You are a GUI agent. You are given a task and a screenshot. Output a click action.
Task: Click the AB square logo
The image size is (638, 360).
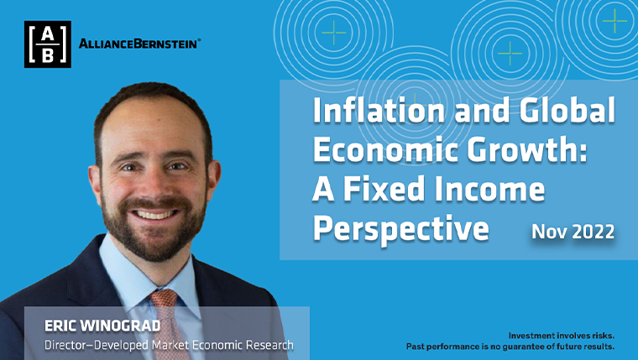click(x=48, y=44)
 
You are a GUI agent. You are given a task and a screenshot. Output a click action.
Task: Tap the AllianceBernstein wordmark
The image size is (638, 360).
click(x=139, y=44)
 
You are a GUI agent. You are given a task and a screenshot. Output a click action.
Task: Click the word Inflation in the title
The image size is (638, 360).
click(x=379, y=111)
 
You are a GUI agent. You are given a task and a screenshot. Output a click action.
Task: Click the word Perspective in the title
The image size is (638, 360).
click(x=400, y=230)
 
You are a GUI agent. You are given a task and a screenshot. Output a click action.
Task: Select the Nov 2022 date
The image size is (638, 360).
click(x=573, y=232)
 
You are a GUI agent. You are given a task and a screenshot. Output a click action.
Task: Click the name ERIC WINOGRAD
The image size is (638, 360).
click(x=102, y=326)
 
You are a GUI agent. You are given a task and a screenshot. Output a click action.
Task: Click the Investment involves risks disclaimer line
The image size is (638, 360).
click(x=561, y=336)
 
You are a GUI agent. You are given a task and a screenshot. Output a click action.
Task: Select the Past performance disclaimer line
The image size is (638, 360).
click(x=510, y=347)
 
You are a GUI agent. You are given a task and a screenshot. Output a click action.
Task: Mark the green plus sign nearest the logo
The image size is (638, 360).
click(x=333, y=33)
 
